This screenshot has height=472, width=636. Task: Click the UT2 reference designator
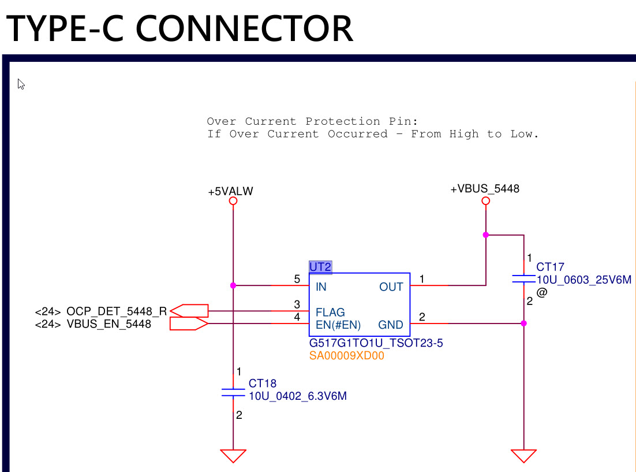point(320,267)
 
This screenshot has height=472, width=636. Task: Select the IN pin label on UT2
point(321,287)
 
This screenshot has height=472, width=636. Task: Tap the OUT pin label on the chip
point(391,287)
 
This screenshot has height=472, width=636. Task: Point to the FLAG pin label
point(330,313)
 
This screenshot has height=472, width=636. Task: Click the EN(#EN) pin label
point(338,325)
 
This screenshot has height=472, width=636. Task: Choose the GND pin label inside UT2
point(391,325)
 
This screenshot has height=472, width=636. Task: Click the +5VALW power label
point(230,192)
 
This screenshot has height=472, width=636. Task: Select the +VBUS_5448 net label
point(485,189)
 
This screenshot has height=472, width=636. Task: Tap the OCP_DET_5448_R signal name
point(117,311)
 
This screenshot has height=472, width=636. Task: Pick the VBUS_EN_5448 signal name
point(109,324)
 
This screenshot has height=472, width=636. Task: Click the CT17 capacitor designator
point(550,267)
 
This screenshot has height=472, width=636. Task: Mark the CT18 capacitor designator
point(263,384)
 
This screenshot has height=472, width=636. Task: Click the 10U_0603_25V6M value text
point(584,280)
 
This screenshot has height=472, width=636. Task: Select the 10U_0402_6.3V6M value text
point(297,396)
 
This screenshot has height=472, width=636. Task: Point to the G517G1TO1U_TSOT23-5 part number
point(376,343)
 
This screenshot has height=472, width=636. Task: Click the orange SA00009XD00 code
point(346,356)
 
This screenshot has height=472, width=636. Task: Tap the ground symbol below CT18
point(234,455)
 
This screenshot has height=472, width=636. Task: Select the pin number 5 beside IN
point(297,280)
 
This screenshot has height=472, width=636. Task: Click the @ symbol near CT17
point(541,293)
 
